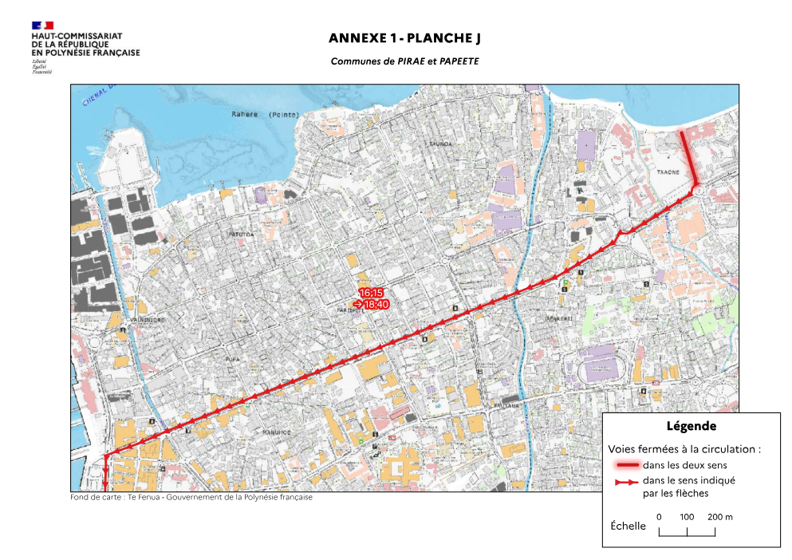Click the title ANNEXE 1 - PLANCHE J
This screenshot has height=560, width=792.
tap(404, 38)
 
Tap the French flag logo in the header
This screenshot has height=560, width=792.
tap(42, 26)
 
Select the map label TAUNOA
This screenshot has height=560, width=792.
tap(440, 144)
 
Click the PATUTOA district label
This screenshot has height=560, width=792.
tap(240, 235)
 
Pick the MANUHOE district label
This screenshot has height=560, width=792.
tap(281, 432)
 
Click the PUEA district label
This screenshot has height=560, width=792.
tap(233, 360)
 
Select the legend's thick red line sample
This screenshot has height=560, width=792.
tap(626, 465)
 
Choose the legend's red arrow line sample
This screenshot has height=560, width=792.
tap(626, 482)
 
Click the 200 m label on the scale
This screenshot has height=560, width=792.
tap(719, 517)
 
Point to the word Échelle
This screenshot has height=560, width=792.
tap(628, 526)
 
